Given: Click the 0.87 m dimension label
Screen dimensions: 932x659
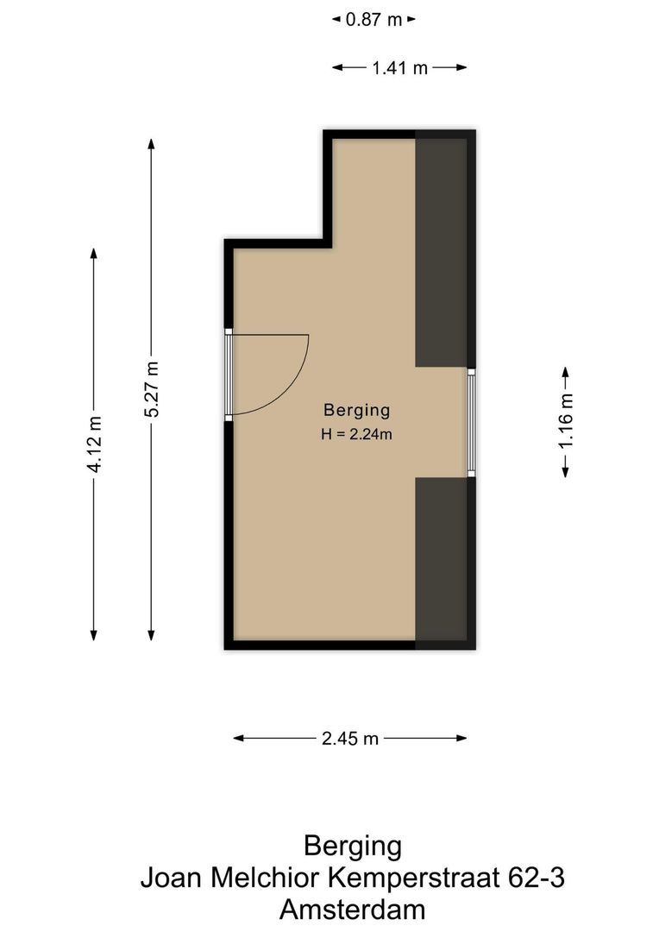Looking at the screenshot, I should pos(373,19).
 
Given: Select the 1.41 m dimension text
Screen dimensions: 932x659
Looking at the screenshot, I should pos(399,68).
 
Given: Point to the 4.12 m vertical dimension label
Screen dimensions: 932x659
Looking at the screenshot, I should pos(94,444).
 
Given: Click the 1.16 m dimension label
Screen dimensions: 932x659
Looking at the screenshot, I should pos(566,422).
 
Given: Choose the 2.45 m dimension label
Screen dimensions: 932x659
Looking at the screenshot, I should pos(350,738).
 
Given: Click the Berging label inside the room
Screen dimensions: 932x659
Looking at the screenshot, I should pos(356,410).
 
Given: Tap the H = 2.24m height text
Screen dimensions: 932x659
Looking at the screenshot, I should pos(356,435).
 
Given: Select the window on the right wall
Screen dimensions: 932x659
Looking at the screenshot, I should pos(471,422).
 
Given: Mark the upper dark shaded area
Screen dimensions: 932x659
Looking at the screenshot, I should pos(442,250).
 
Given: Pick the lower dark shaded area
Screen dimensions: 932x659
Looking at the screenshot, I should pos(442,561).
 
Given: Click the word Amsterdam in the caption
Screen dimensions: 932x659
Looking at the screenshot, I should pos(352,910).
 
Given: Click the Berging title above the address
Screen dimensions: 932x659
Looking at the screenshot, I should pos(352,846).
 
